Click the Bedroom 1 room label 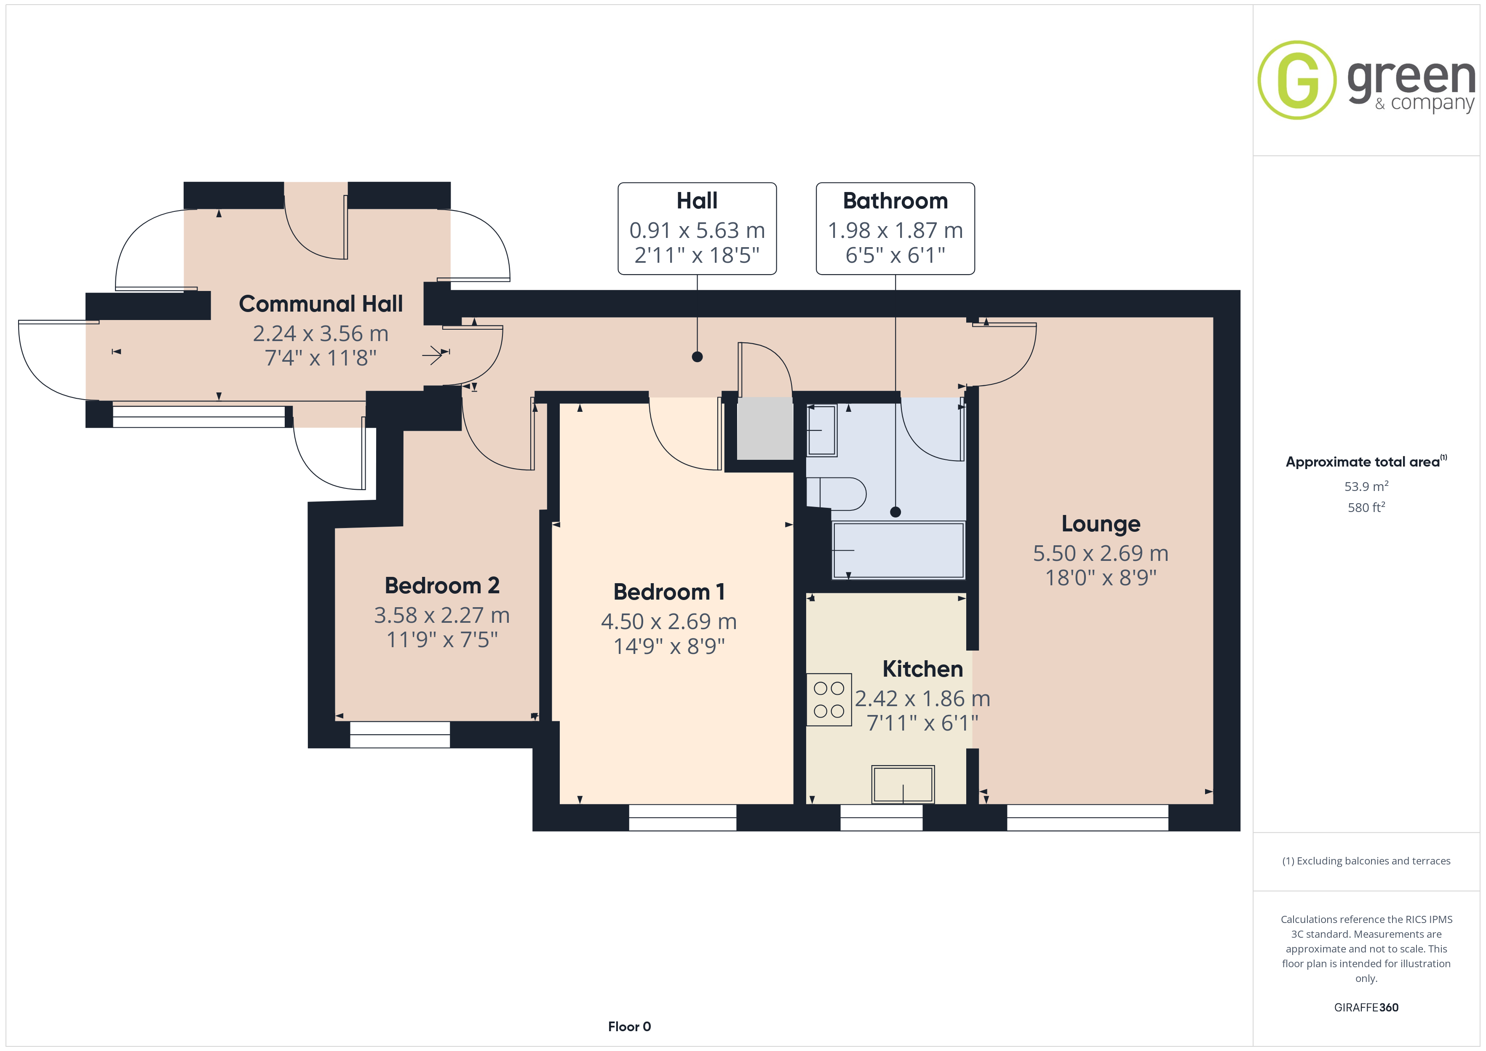coord(668,592)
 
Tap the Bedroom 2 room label coord(442,585)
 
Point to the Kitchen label coord(922,669)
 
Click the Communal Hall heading coord(321,304)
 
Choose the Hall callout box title coord(697,200)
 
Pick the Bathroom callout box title coord(895,200)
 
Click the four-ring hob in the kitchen coord(829,699)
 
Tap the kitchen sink coord(903,784)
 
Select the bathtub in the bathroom coord(898,550)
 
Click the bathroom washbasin coord(822,430)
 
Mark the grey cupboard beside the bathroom coord(765,428)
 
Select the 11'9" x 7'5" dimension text coord(442,640)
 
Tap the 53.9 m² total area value coord(1366,486)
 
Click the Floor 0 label coord(629,1027)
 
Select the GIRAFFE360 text coord(1366,1007)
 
